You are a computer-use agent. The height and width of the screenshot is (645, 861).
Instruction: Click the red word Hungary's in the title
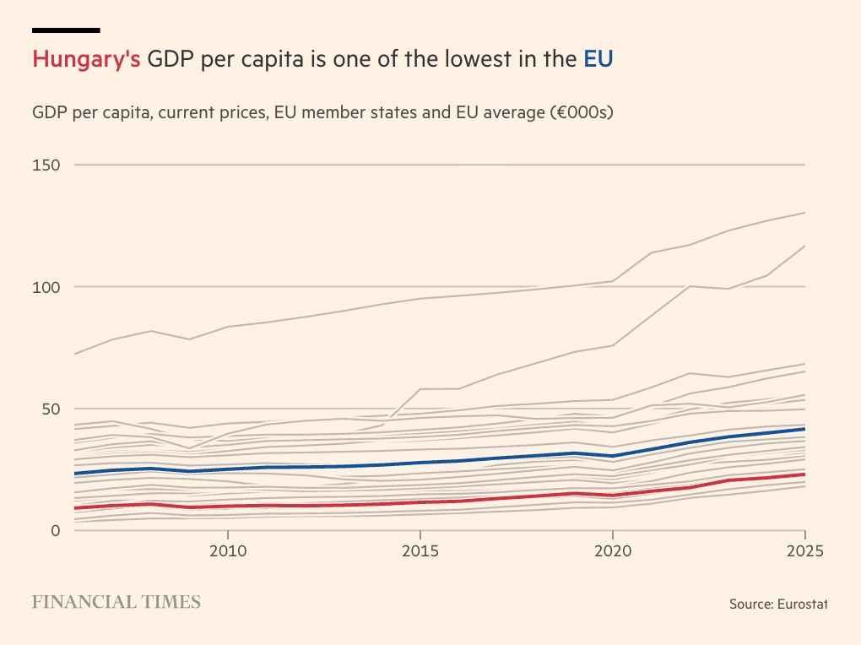pyautogui.click(x=86, y=60)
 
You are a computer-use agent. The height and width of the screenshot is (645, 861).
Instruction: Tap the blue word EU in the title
pyautogui.click(x=598, y=60)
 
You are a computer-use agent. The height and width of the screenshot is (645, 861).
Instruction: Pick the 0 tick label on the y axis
pyautogui.click(x=55, y=530)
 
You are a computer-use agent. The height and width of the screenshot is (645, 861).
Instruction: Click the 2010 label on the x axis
pyautogui.click(x=227, y=550)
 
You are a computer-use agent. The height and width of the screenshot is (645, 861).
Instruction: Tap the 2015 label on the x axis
pyautogui.click(x=420, y=550)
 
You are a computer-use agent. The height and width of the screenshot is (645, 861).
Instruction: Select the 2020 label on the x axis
pyautogui.click(x=613, y=550)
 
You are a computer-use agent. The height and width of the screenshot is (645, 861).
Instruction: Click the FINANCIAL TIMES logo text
pyautogui.click(x=116, y=602)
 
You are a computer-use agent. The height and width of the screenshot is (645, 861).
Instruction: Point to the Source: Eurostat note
pyautogui.click(x=778, y=604)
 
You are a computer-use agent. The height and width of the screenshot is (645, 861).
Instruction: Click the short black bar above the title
pyautogui.click(x=66, y=30)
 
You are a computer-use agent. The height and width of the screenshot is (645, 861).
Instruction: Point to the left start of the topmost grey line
pyautogui.click(x=74, y=354)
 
